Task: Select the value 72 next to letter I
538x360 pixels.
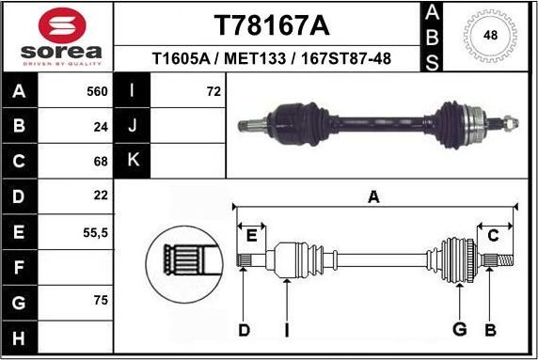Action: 213,92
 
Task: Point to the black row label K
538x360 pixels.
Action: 133,160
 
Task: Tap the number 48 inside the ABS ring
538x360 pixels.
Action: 489,36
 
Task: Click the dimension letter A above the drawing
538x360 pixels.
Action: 373,196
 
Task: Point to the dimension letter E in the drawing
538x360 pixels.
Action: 250,235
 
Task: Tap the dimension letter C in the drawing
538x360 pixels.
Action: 493,235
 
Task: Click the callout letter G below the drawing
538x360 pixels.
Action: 460,329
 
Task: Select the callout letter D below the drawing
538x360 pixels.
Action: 244,329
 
